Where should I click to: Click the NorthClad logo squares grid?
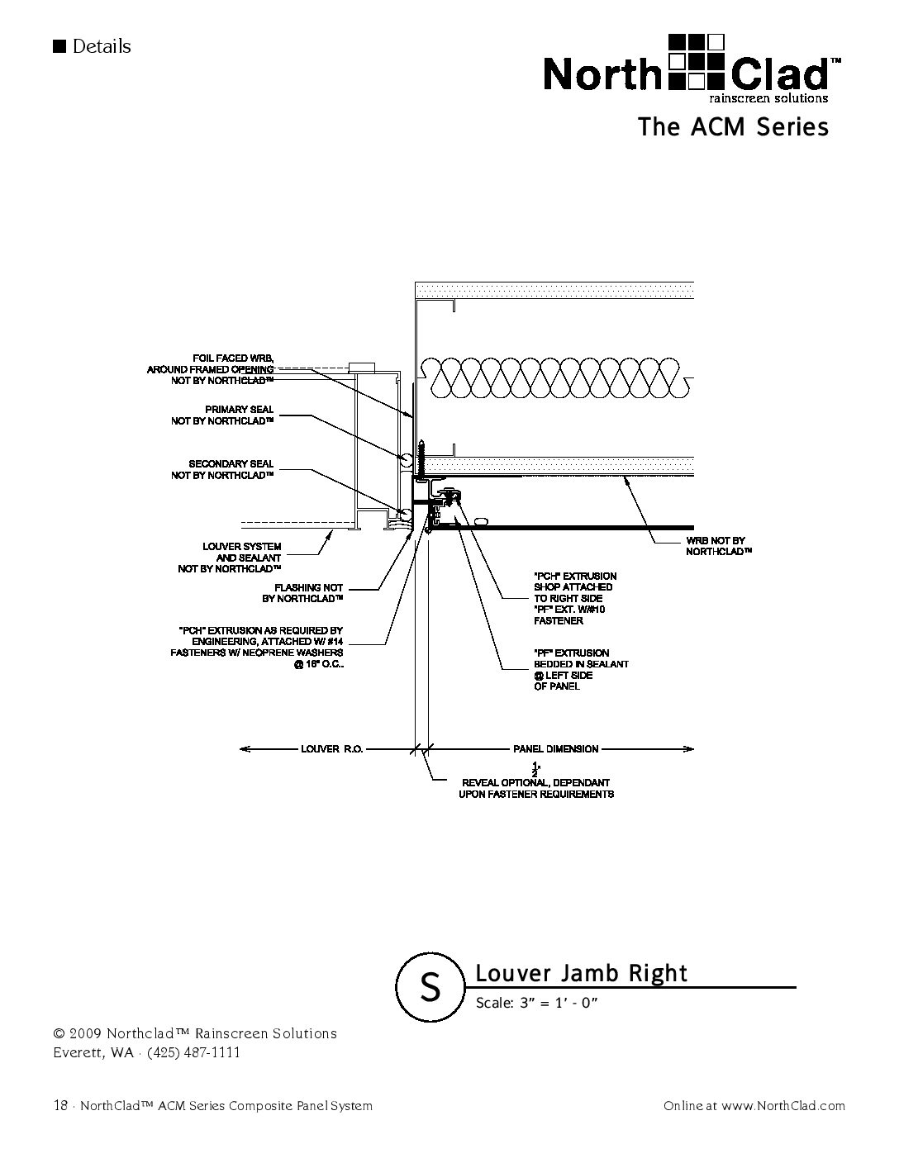point(696,61)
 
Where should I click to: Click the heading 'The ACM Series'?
point(732,127)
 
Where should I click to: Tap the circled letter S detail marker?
point(430,986)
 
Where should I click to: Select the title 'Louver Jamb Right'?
point(581,973)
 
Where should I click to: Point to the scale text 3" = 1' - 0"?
point(536,1004)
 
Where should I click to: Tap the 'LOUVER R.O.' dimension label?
point(331,749)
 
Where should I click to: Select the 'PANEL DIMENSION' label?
point(555,749)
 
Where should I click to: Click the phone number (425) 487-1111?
point(194,1052)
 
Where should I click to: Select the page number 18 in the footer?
point(59,1105)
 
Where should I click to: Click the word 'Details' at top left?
point(102,46)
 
